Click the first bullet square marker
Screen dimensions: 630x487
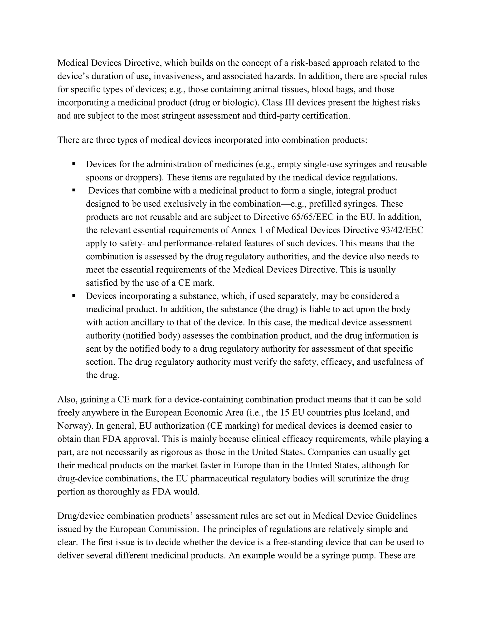(x=74, y=164)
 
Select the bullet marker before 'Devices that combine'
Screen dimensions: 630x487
(x=74, y=190)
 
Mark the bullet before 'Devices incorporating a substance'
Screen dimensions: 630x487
(x=74, y=296)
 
